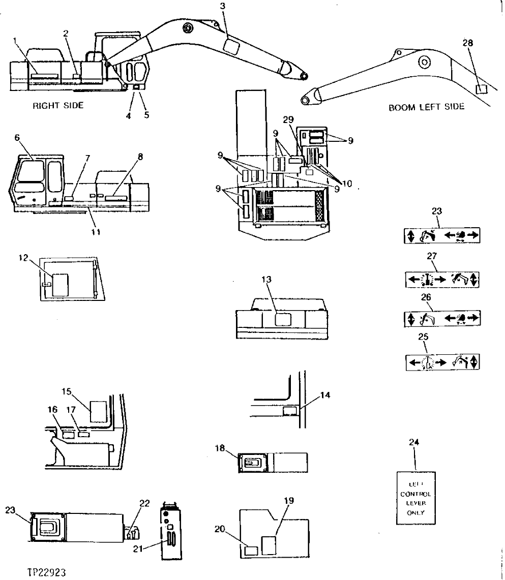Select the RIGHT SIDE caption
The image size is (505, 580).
point(58,106)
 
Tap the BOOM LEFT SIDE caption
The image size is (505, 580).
point(426,107)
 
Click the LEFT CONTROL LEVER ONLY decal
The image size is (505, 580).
point(415,498)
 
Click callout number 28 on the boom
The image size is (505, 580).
point(467,43)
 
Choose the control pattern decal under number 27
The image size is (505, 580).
point(443,279)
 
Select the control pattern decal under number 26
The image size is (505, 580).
point(443,319)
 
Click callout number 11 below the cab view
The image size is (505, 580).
point(95,232)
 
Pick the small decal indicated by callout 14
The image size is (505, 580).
point(290,410)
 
